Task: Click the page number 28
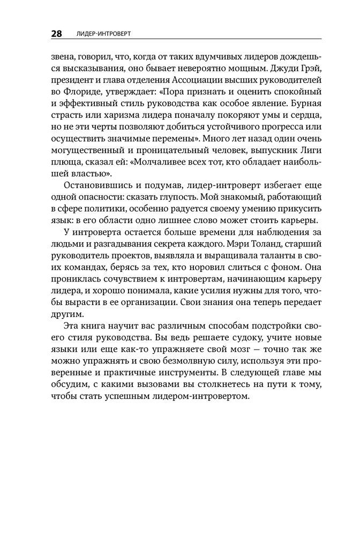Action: pos(56,34)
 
